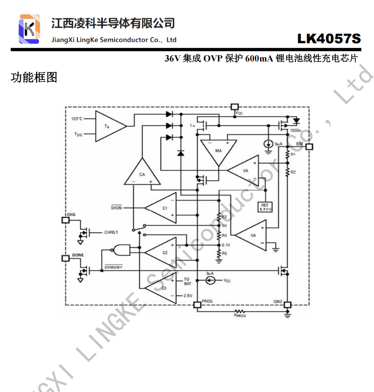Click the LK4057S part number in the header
tap(329, 39)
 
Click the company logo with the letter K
tap(30, 29)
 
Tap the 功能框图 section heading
tap(34, 78)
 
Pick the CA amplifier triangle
tap(142, 174)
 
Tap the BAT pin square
tap(309, 147)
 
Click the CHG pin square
tap(66, 220)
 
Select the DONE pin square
tap(66, 258)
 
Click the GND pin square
tap(288, 305)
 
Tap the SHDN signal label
tap(116, 208)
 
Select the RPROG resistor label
tap(240, 315)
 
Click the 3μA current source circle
tap(211, 280)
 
